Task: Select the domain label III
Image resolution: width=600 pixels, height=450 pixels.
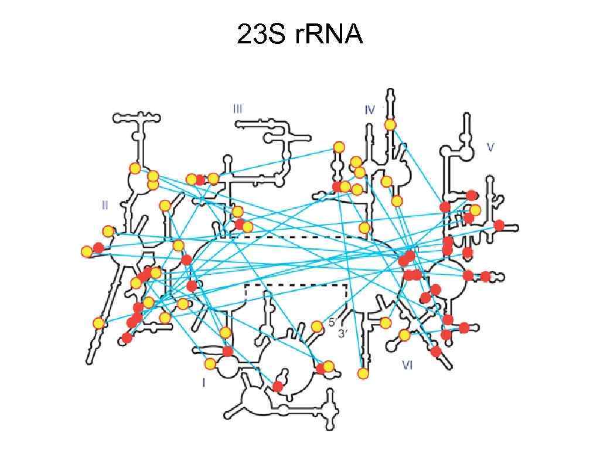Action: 237,108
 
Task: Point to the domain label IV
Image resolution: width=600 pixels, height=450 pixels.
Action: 369,110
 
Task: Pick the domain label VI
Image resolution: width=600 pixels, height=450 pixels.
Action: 408,365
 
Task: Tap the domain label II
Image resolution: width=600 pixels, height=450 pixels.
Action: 105,205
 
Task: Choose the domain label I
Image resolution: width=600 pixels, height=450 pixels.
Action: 203,383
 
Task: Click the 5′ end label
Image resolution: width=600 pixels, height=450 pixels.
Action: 332,322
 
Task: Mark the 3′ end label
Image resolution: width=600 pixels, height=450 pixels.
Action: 343,333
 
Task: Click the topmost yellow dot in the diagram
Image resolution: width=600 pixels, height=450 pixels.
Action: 390,124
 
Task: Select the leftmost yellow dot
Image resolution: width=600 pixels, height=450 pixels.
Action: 87,252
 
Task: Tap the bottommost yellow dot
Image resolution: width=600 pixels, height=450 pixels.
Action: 363,373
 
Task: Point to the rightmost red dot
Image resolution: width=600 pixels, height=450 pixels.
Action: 499,225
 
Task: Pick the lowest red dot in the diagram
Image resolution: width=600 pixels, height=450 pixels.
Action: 278,387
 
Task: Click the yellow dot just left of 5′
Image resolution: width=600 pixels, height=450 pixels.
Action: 317,326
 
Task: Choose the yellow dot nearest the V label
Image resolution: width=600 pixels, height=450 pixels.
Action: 475,210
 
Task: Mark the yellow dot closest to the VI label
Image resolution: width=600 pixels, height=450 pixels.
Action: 404,335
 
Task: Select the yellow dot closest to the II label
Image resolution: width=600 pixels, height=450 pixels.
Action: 108,231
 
